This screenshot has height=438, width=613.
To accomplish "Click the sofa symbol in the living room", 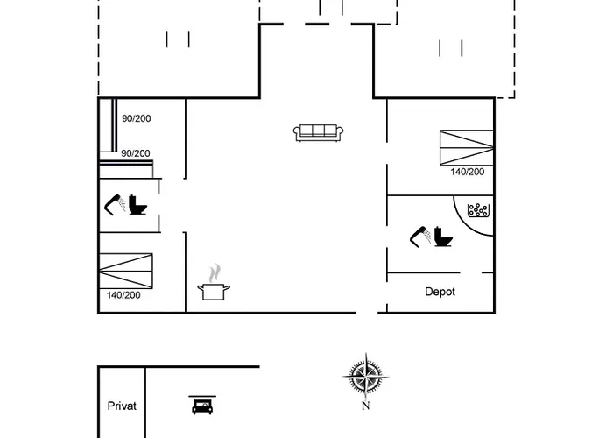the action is (x=318, y=133).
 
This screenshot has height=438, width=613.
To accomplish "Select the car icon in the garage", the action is (x=202, y=405).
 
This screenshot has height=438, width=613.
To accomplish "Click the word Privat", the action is (x=122, y=406).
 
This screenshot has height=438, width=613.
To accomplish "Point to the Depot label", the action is (x=440, y=292).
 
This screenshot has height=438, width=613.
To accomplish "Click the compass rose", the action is (x=366, y=377).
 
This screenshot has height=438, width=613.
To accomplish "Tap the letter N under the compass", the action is (x=366, y=406).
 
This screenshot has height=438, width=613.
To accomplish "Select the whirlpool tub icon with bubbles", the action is (x=478, y=210).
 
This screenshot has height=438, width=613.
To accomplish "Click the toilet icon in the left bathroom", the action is (x=137, y=204).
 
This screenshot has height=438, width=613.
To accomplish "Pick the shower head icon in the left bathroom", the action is (x=115, y=204).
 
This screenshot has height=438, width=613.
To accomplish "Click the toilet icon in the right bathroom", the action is (x=443, y=237).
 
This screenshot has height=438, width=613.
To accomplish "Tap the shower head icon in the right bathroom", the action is (x=420, y=237).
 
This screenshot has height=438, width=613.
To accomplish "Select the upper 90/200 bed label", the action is (x=137, y=118).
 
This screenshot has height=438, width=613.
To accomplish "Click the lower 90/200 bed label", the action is (x=136, y=153).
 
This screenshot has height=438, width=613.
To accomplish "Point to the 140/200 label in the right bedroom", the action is (x=467, y=172).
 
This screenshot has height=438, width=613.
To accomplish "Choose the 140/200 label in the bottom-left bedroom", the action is (x=123, y=295).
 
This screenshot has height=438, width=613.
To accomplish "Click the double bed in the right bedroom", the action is (x=467, y=147).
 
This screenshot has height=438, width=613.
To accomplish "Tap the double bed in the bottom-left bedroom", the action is (x=126, y=271).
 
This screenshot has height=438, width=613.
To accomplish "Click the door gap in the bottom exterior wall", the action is (x=367, y=313).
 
